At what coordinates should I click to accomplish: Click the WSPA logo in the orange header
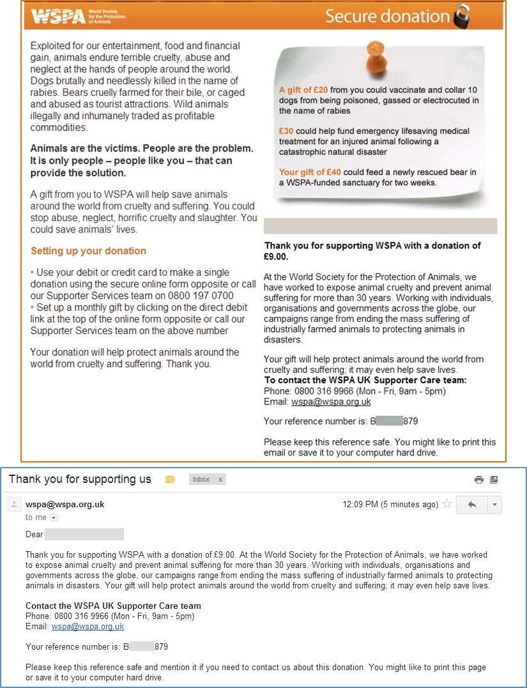click(58, 16)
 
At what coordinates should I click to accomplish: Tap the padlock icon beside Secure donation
click(461, 17)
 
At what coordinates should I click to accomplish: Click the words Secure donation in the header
click(387, 16)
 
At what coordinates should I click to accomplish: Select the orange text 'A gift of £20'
click(303, 90)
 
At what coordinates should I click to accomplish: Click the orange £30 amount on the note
click(286, 131)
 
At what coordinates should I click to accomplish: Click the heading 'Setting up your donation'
click(88, 251)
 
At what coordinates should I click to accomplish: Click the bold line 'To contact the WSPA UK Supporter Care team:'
click(365, 380)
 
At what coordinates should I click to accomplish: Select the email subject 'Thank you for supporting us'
click(80, 479)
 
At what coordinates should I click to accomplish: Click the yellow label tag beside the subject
click(170, 479)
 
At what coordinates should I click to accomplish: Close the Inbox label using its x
click(220, 479)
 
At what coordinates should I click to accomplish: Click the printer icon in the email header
click(478, 480)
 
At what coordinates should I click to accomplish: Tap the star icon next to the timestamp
click(447, 504)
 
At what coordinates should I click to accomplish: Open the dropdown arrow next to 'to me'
click(54, 517)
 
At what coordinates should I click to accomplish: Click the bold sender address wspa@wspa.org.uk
click(65, 504)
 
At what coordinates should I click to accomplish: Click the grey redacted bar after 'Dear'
click(84, 534)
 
